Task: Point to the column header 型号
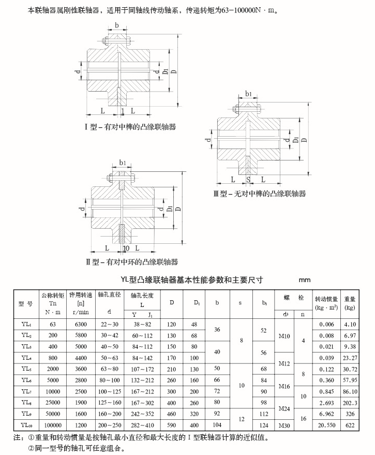[25, 303]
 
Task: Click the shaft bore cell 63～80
[109, 369]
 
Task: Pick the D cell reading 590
[171, 425]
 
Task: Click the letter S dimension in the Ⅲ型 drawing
[248, 180]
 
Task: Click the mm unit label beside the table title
[305, 280]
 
